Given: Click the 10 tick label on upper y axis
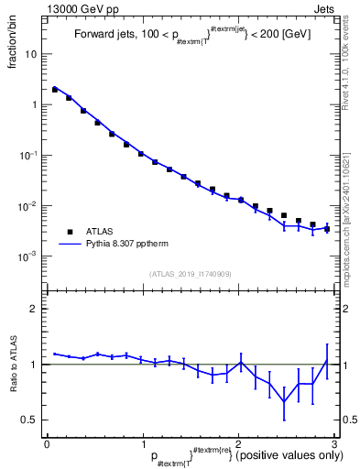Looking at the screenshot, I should pyautogui.click(x=31, y=54).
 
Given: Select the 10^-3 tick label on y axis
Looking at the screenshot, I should pyautogui.click(x=29, y=256).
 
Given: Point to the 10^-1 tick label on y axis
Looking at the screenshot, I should pyautogui.click(x=29, y=156).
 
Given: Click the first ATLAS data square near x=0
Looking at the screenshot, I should pyautogui.click(x=55, y=90).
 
